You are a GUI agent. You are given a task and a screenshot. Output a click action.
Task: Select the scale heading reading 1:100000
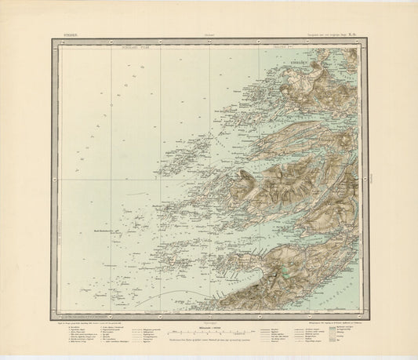tap(207, 325)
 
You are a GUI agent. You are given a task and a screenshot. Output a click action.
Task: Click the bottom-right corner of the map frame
tap(362, 311)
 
